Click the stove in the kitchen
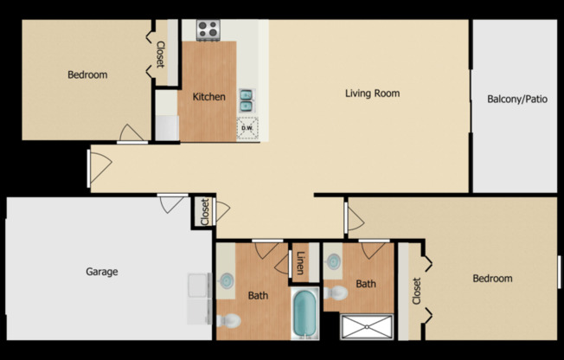[x=208, y=30]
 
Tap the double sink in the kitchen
[x=247, y=100]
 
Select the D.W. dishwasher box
[x=247, y=128]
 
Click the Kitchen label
[x=208, y=97]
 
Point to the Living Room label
[x=372, y=93]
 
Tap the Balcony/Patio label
[x=517, y=100]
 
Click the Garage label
[x=101, y=272]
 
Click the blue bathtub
[x=304, y=314]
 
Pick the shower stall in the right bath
[x=366, y=326]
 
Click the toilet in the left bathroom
[x=228, y=321]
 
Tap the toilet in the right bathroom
[x=336, y=292]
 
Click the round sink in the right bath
[x=333, y=259]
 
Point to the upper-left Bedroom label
[x=87, y=74]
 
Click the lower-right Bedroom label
[x=491, y=279]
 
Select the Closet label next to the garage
[x=204, y=212]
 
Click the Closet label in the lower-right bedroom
[x=416, y=291]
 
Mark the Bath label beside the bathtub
[x=258, y=295]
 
